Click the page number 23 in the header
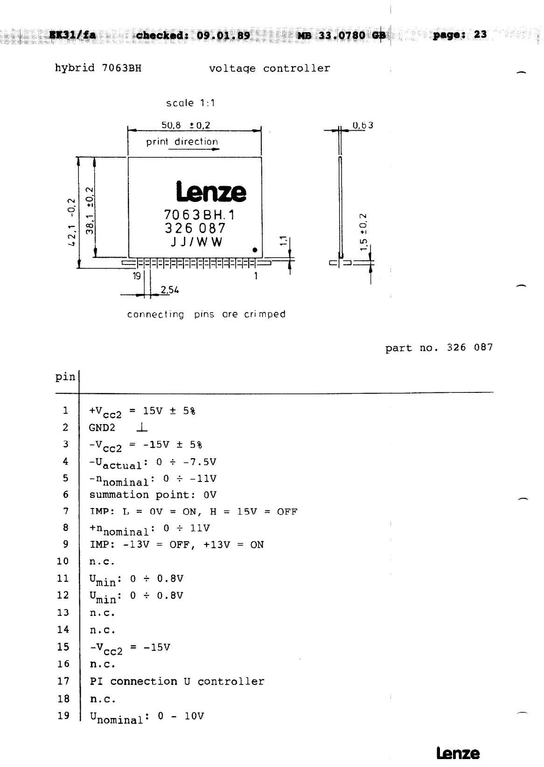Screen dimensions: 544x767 point(480,35)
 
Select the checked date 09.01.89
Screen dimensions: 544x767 point(223,36)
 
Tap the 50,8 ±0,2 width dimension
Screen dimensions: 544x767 point(185,125)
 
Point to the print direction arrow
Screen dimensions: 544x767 point(194,149)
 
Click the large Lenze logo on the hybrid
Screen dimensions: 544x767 point(211,192)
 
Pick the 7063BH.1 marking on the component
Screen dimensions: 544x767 point(200,215)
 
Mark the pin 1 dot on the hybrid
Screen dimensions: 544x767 point(255,250)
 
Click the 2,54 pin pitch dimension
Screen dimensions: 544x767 point(169,290)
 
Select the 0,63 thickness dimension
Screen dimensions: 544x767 point(363,125)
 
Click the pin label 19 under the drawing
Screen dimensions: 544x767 point(137,276)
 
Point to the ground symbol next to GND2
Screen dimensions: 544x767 point(143,427)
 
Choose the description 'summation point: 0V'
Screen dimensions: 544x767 point(153,495)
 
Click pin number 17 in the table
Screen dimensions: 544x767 point(63,681)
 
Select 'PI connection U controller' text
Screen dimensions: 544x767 point(177,681)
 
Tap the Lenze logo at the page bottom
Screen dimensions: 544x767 point(457,753)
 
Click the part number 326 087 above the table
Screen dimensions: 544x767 point(469,348)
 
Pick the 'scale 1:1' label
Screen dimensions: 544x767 point(190,103)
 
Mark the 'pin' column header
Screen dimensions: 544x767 point(65,377)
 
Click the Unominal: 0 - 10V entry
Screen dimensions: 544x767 point(146,717)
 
